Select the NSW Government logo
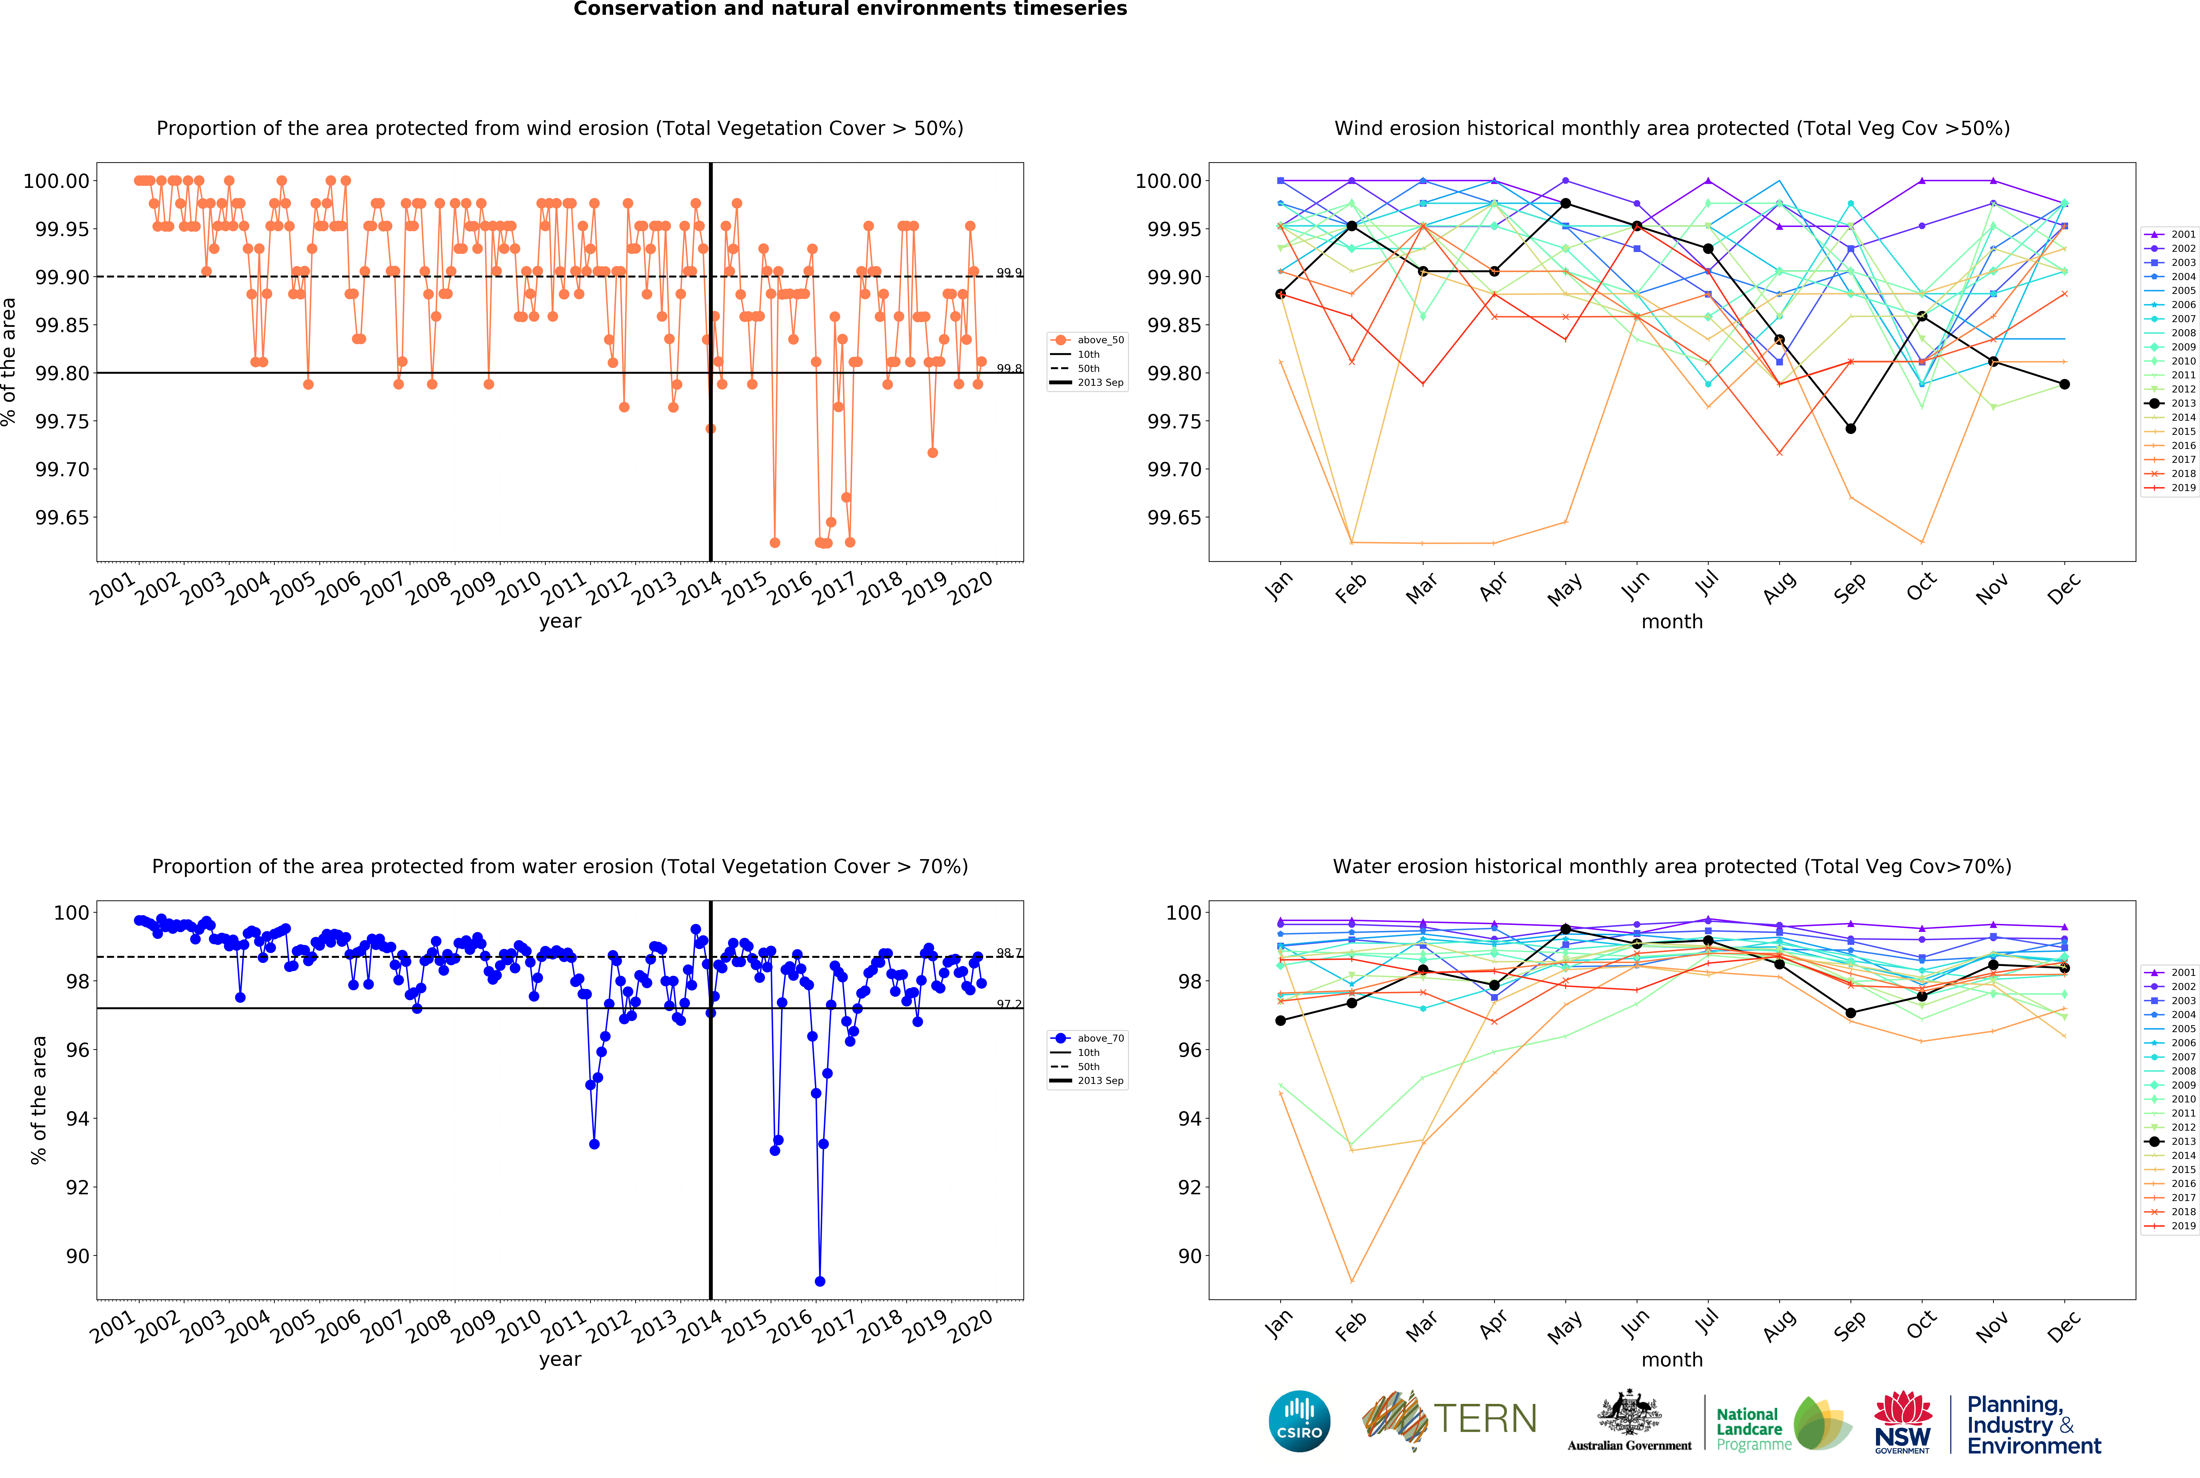(1902, 1422)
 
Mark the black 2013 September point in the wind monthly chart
(1850, 429)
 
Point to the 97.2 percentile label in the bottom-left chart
(1009, 1004)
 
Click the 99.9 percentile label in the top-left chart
(1009, 272)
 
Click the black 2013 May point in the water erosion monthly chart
(1566, 929)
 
